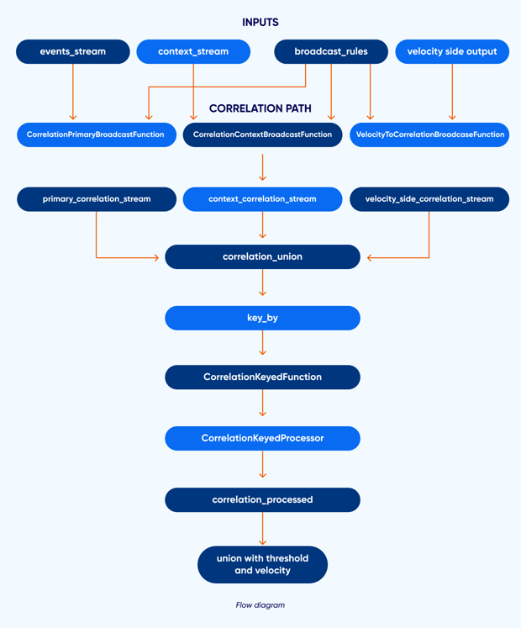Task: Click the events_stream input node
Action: coord(73,51)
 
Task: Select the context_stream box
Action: coord(193,51)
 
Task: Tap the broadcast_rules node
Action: coord(331,51)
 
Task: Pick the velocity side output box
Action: coord(452,51)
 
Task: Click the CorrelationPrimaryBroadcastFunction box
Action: coord(96,135)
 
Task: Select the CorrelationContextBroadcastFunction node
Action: coord(262,135)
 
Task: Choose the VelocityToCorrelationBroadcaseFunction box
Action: coord(429,135)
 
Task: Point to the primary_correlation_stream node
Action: coord(97,199)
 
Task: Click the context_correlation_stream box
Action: coord(262,199)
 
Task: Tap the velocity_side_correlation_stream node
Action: coord(429,199)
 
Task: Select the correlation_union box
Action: coord(262,257)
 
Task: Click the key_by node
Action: coord(262,318)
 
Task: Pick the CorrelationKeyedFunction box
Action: coord(262,377)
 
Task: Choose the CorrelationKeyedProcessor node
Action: coord(262,438)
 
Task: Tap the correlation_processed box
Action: coord(262,499)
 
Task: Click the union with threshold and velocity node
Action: coord(262,564)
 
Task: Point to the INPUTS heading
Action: coord(260,23)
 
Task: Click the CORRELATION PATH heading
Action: coord(260,108)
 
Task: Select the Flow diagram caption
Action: coord(260,604)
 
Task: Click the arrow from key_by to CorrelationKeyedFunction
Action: coord(263,344)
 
